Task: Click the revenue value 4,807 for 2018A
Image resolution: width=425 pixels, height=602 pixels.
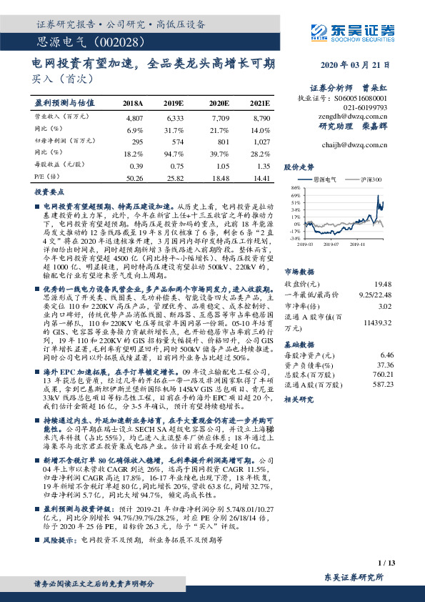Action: coord(134,117)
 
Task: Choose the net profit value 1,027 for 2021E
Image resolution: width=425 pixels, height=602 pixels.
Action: coord(261,142)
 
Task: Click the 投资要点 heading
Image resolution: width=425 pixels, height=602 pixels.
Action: coord(47,193)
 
